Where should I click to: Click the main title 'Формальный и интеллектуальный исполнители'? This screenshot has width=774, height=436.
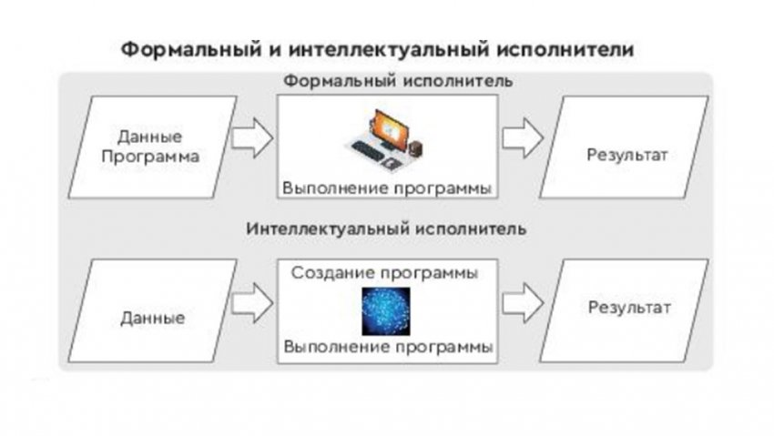click(x=378, y=50)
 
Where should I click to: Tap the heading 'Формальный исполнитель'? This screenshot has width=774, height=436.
click(x=398, y=80)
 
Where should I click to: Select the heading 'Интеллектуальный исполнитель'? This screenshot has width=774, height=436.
click(x=386, y=228)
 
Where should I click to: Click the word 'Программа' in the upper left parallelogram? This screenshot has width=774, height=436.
click(x=150, y=157)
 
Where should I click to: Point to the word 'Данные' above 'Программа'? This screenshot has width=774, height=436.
click(x=150, y=137)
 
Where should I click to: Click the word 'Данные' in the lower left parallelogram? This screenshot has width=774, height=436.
click(x=153, y=318)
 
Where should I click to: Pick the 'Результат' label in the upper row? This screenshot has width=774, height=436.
click(x=626, y=156)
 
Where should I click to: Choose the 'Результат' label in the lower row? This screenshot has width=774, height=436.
click(x=629, y=309)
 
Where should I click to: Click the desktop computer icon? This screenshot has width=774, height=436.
click(x=385, y=139)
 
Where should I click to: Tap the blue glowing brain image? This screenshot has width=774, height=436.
click(x=386, y=311)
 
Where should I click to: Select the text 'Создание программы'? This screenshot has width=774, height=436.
click(x=384, y=274)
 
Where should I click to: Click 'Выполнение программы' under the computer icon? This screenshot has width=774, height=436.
click(x=387, y=189)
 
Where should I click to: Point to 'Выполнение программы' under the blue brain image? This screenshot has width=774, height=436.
click(x=388, y=347)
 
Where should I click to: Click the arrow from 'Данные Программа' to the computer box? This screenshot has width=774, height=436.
click(x=252, y=138)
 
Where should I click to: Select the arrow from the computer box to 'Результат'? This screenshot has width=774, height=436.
click(x=523, y=138)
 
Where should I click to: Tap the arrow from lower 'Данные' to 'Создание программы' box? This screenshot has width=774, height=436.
click(x=252, y=303)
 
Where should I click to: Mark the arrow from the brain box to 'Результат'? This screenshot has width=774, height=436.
click(x=523, y=303)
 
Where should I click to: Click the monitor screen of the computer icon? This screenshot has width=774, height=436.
click(x=391, y=127)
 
